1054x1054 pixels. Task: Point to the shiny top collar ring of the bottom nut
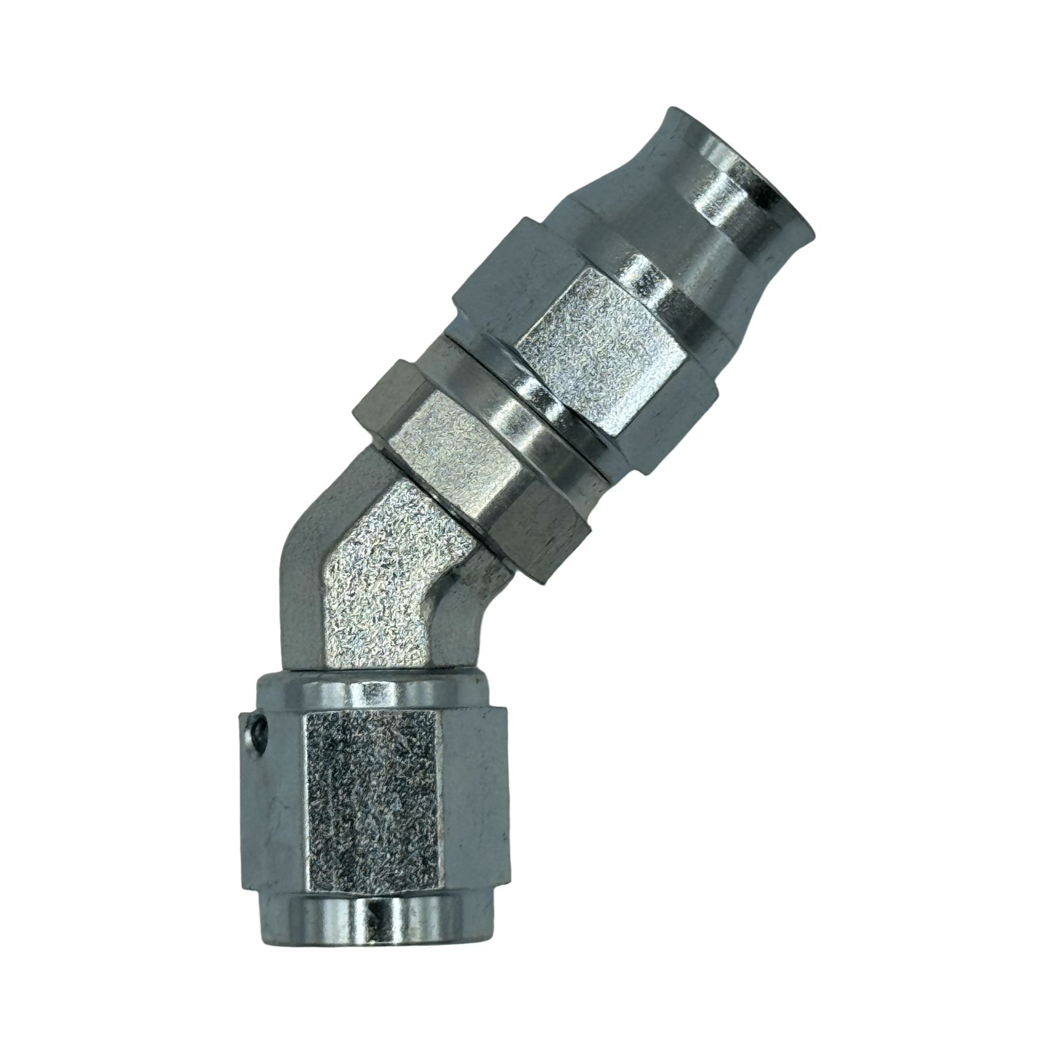click(369, 688)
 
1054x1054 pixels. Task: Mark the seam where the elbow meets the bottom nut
click(369, 671)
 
